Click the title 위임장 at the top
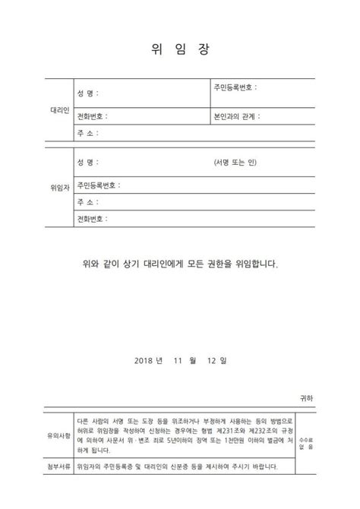tap(180, 49)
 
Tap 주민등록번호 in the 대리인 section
tap(235, 87)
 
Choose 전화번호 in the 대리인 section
tap(92, 117)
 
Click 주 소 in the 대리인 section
tap(87, 134)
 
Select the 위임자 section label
tap(59, 185)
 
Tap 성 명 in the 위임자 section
tap(87, 163)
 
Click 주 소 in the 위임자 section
tap(87, 203)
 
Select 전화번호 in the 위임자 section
tap(92, 220)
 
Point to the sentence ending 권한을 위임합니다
tap(180, 265)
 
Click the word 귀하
tap(305, 397)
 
